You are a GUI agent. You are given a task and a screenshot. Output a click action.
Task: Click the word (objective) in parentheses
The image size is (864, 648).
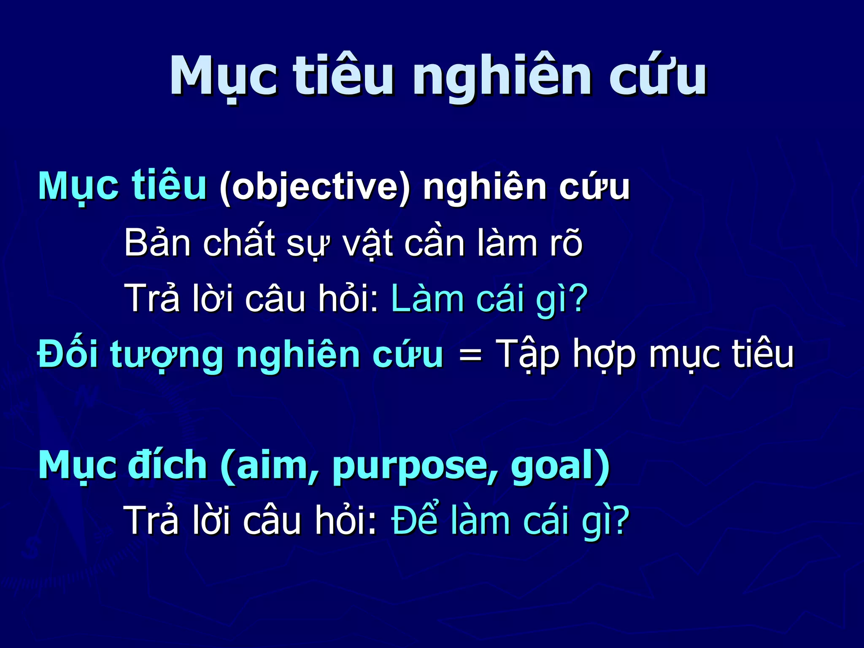[x=314, y=187]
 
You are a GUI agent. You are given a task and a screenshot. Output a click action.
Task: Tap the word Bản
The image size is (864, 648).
[x=157, y=243]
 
